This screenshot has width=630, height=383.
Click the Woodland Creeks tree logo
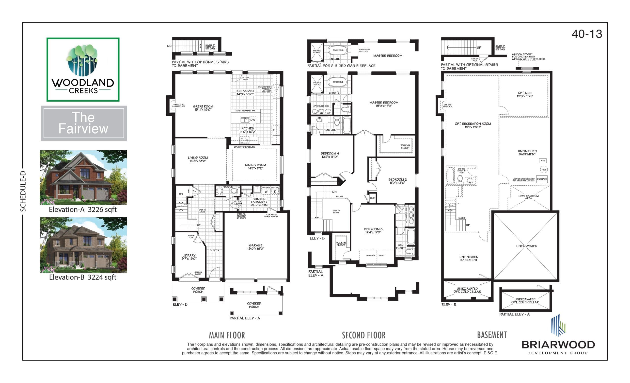(x=83, y=60)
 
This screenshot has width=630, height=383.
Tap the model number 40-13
(x=587, y=34)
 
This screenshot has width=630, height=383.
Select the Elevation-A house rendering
(x=83, y=177)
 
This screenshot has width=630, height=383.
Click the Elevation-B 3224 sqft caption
(x=83, y=277)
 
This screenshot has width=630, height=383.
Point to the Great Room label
(x=203, y=108)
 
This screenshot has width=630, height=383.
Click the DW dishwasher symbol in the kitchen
(x=252, y=120)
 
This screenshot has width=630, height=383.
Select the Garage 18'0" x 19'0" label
(x=255, y=247)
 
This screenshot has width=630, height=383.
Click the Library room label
(x=189, y=257)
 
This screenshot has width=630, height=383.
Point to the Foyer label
(x=214, y=250)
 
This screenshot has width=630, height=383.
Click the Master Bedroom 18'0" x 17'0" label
(x=383, y=104)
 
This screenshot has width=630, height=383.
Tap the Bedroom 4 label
(x=330, y=155)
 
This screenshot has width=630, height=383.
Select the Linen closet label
(x=373, y=198)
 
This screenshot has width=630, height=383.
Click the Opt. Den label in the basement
(x=524, y=94)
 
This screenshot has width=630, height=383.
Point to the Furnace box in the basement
(x=542, y=179)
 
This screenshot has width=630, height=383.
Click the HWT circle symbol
(x=544, y=170)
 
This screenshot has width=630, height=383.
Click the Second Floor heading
(x=363, y=335)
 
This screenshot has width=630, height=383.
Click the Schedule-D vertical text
(x=23, y=191)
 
